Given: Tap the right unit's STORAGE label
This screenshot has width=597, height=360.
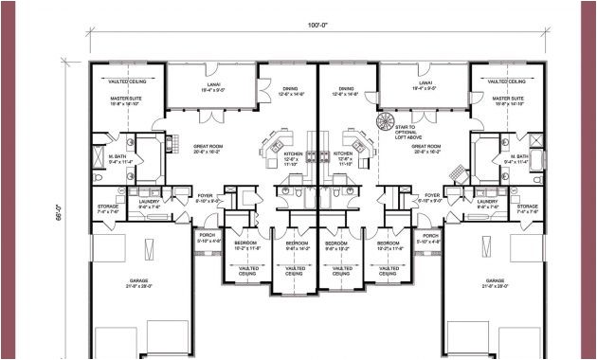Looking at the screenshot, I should [527, 208].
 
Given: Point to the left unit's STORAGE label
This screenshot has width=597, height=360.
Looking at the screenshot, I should [108, 208].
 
